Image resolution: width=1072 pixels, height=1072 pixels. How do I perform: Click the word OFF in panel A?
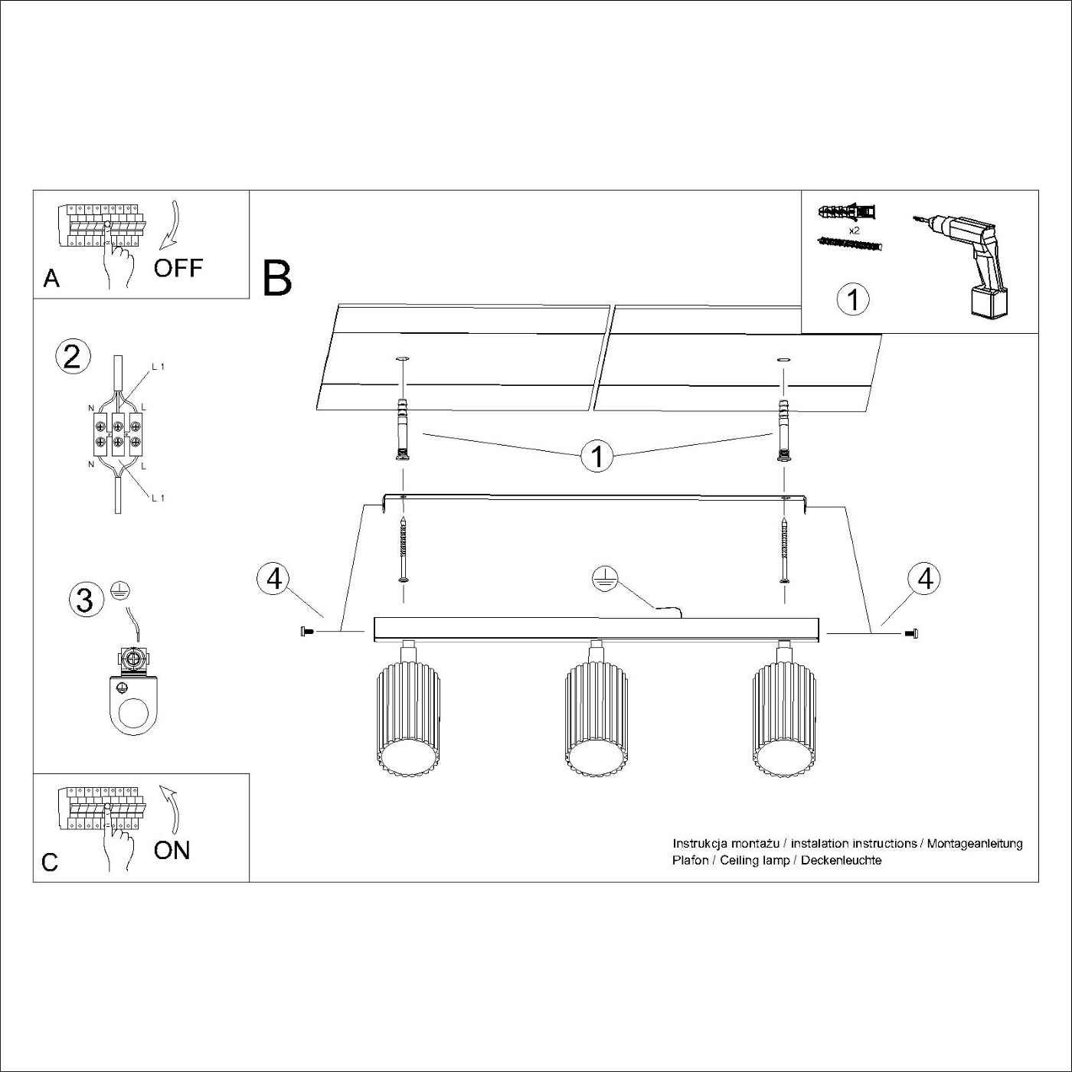pos(178,269)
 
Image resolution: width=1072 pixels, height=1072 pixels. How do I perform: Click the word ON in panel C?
pos(172,850)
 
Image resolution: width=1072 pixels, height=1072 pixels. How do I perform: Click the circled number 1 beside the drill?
pos(853,299)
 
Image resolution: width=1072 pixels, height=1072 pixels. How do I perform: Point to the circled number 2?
pos(72,357)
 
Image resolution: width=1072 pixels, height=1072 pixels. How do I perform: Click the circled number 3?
pos(84,601)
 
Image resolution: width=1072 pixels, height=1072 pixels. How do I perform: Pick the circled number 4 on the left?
pos(273,580)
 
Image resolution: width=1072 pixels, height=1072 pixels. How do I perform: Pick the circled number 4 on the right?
pos(924,579)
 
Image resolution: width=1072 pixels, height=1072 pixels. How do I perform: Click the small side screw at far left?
pos(307,632)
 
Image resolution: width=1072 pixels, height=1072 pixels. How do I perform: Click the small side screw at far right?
pos(912,632)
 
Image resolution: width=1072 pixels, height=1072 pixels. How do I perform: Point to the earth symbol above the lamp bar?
pos(605,580)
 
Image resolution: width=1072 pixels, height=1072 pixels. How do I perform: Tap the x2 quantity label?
pos(855,230)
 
